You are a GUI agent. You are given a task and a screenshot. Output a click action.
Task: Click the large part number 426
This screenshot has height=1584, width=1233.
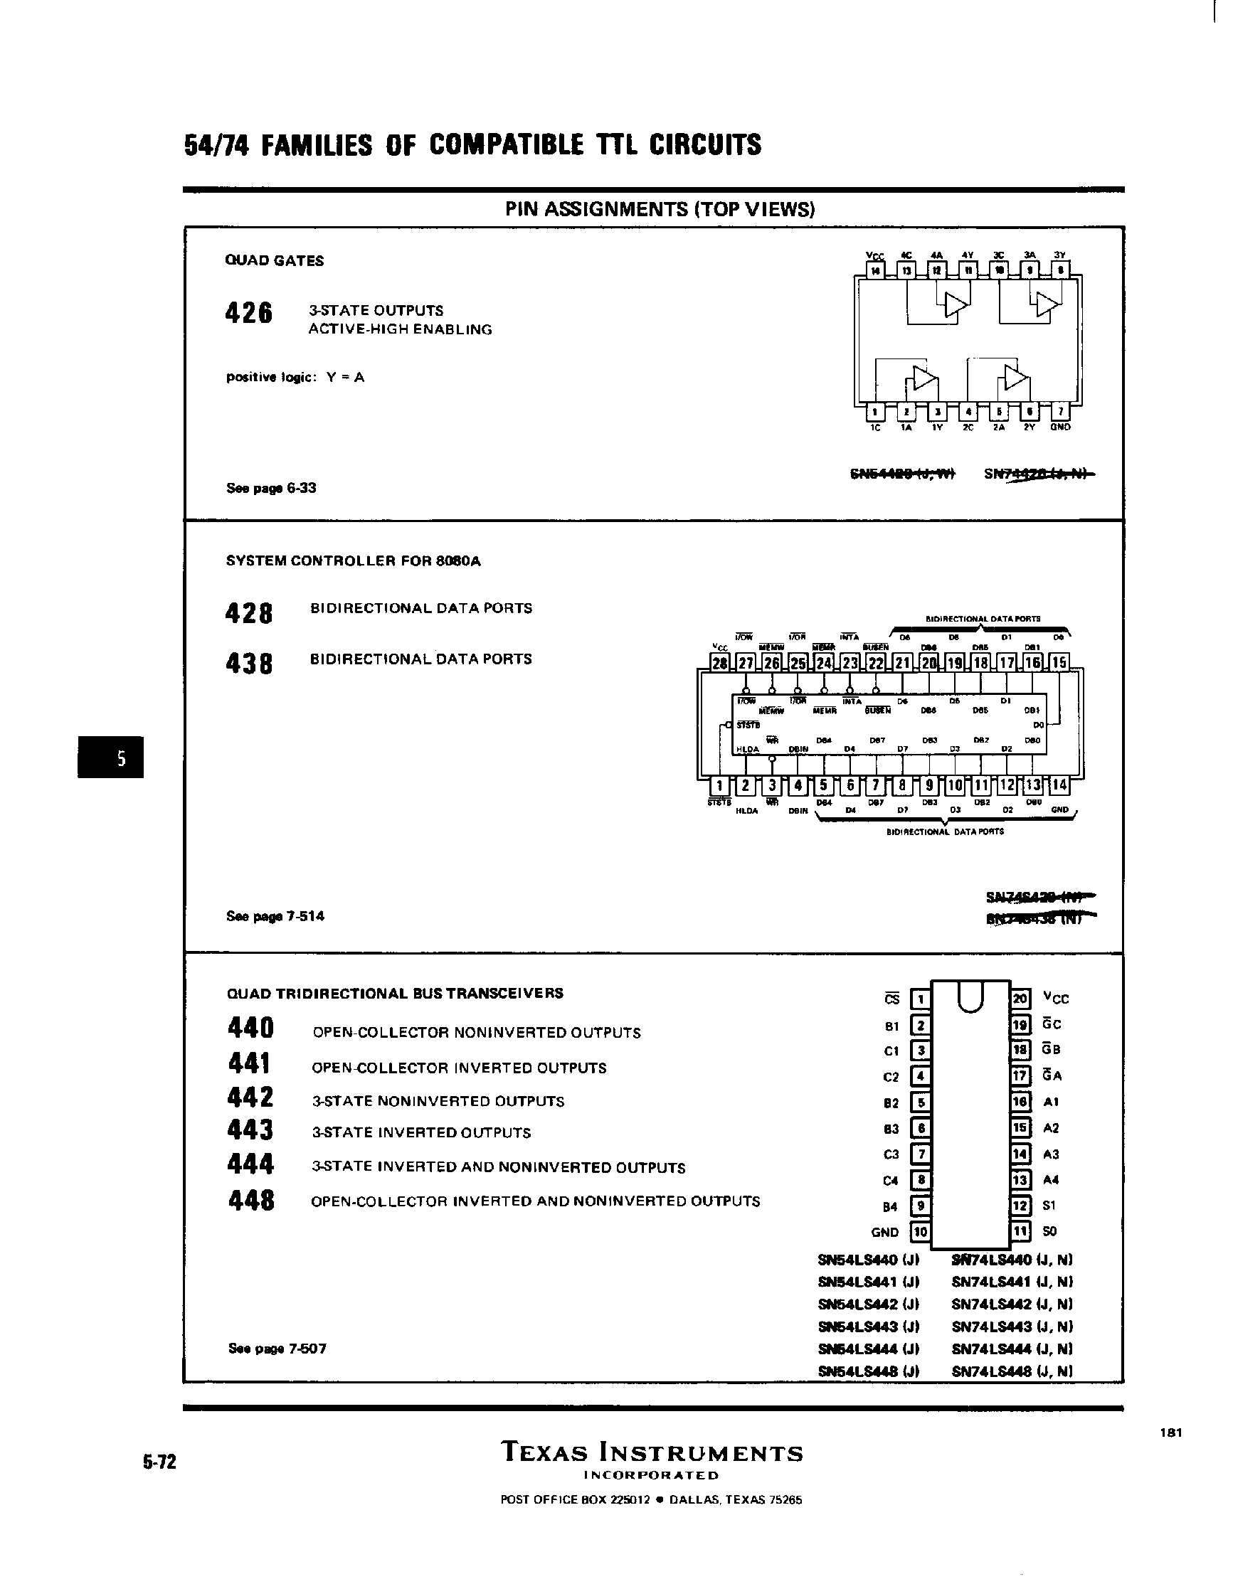(x=249, y=314)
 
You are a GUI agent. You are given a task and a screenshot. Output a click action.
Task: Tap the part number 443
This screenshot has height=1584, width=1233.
(x=250, y=1130)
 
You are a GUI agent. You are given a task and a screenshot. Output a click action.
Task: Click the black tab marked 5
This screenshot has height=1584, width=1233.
(x=111, y=758)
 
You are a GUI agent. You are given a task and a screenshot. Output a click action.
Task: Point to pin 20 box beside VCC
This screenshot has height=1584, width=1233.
(x=1020, y=999)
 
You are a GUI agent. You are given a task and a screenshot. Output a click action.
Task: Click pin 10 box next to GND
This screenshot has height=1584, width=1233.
(x=921, y=1231)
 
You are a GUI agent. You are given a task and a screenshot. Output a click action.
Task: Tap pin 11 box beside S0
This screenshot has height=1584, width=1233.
(x=1020, y=1231)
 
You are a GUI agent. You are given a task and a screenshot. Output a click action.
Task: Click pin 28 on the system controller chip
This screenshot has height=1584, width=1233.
(x=719, y=662)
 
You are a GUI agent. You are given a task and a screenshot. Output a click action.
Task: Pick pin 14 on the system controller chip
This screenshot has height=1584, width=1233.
(x=1059, y=785)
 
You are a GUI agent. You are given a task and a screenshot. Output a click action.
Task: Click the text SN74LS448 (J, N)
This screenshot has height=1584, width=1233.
(x=1012, y=1371)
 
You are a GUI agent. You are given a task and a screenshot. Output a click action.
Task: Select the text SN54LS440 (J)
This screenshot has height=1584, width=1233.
(x=868, y=1260)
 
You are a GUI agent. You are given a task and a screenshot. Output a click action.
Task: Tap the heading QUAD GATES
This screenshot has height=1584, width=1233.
(x=274, y=261)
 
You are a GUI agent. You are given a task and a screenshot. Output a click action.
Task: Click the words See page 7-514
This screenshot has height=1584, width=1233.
(x=275, y=916)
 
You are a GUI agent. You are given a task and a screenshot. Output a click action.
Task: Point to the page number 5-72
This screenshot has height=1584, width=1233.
(x=159, y=1462)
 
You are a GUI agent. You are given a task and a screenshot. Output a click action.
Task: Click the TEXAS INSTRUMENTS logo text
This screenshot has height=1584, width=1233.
(x=652, y=1453)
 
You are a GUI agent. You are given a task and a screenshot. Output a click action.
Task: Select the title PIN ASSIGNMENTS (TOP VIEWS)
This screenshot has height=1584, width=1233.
(x=660, y=210)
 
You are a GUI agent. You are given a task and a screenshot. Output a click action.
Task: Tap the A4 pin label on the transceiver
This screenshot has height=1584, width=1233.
(x=1051, y=1180)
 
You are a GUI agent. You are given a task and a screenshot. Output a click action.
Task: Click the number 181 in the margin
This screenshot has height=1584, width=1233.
(x=1171, y=1432)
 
